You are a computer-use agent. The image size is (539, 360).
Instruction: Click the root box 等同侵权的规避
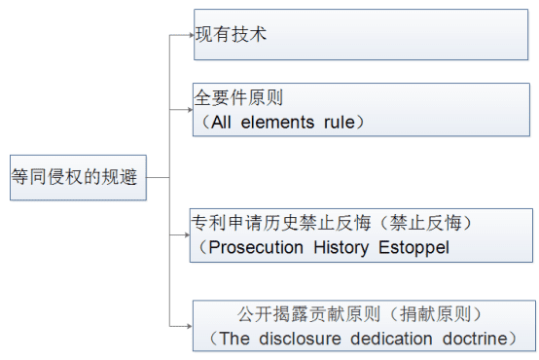click(x=78, y=177)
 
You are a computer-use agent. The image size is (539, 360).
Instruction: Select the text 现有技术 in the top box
click(x=231, y=34)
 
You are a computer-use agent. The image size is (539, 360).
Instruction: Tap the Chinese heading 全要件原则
click(x=238, y=97)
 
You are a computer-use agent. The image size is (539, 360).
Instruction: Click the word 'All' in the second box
click(x=221, y=123)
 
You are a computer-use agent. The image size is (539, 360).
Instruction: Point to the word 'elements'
click(x=277, y=123)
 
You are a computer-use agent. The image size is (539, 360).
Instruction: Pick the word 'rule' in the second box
click(x=339, y=123)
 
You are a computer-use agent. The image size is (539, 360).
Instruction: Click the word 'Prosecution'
click(x=256, y=247)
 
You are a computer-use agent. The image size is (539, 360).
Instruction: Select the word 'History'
click(x=341, y=248)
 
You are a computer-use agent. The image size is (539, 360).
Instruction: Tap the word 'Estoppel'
click(x=413, y=248)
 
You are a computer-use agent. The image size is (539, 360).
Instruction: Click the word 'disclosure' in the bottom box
click(x=300, y=339)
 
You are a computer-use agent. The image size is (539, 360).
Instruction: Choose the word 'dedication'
click(x=391, y=339)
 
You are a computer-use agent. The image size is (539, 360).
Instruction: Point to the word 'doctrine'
click(x=475, y=339)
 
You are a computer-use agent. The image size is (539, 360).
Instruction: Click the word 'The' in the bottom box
click(x=234, y=339)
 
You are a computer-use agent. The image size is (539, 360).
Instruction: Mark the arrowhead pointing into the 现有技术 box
click(x=192, y=35)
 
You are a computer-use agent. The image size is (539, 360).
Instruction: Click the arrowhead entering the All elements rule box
click(x=190, y=110)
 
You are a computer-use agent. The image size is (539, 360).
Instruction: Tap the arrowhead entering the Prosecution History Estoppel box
click(x=187, y=234)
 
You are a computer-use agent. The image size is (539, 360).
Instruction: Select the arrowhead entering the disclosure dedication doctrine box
click(x=190, y=326)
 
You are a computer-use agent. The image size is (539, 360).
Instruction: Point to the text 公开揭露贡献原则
click(x=308, y=314)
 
